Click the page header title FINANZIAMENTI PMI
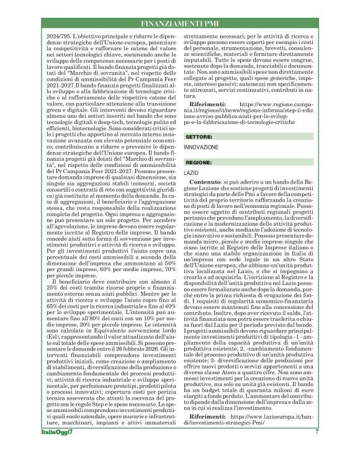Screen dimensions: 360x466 click(179, 24)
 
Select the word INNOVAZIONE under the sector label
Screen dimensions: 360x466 click(201, 147)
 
